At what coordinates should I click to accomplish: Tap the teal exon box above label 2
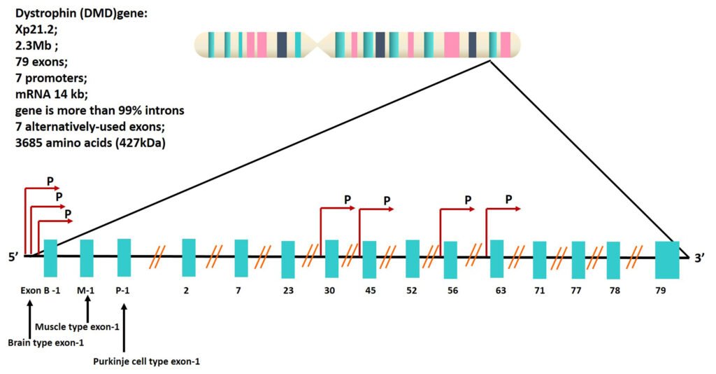tap(189, 257)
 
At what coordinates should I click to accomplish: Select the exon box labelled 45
tap(369, 259)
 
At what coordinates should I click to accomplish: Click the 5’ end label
tap(13, 257)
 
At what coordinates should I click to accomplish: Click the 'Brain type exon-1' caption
tap(45, 342)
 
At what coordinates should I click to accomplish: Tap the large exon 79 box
tap(667, 259)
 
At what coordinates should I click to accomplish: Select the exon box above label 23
tap(288, 259)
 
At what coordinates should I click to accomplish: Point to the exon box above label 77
tap(578, 259)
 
